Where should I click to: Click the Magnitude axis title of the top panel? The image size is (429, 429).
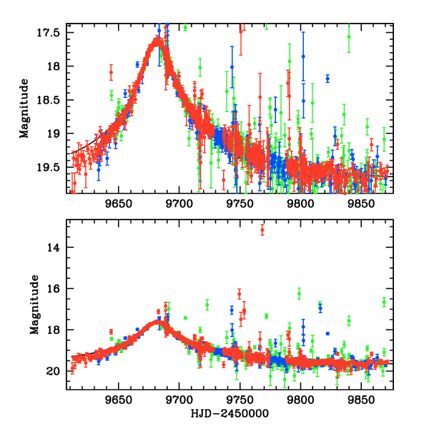click(24, 108)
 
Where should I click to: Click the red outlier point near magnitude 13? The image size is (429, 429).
click(262, 230)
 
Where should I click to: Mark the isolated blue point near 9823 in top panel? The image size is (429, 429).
click(327, 78)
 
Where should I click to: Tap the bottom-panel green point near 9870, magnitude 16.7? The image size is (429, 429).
click(384, 302)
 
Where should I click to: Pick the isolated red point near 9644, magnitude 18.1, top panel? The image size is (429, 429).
click(111, 73)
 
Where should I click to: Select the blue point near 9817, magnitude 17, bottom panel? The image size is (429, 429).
click(320, 308)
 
